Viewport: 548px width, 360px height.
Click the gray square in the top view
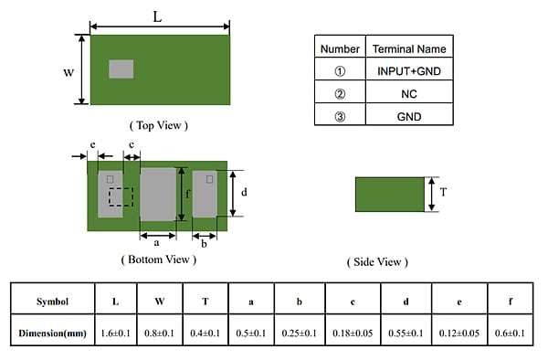click(x=121, y=69)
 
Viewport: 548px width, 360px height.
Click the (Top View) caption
click(x=159, y=124)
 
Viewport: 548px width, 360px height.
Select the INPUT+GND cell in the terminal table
click(x=409, y=70)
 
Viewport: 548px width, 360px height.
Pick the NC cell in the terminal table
click(x=409, y=93)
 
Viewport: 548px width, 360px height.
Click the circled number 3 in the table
click(x=340, y=116)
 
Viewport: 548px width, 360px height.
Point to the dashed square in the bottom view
click(x=121, y=197)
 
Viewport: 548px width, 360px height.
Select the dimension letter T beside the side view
click(x=443, y=193)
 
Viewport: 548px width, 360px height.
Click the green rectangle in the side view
click(x=389, y=195)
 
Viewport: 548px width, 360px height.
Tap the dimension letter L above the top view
click(x=159, y=16)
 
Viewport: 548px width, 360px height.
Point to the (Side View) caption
click(x=377, y=262)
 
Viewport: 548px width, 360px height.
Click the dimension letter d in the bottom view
click(x=243, y=193)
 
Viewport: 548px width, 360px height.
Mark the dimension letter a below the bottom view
click(x=157, y=244)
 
